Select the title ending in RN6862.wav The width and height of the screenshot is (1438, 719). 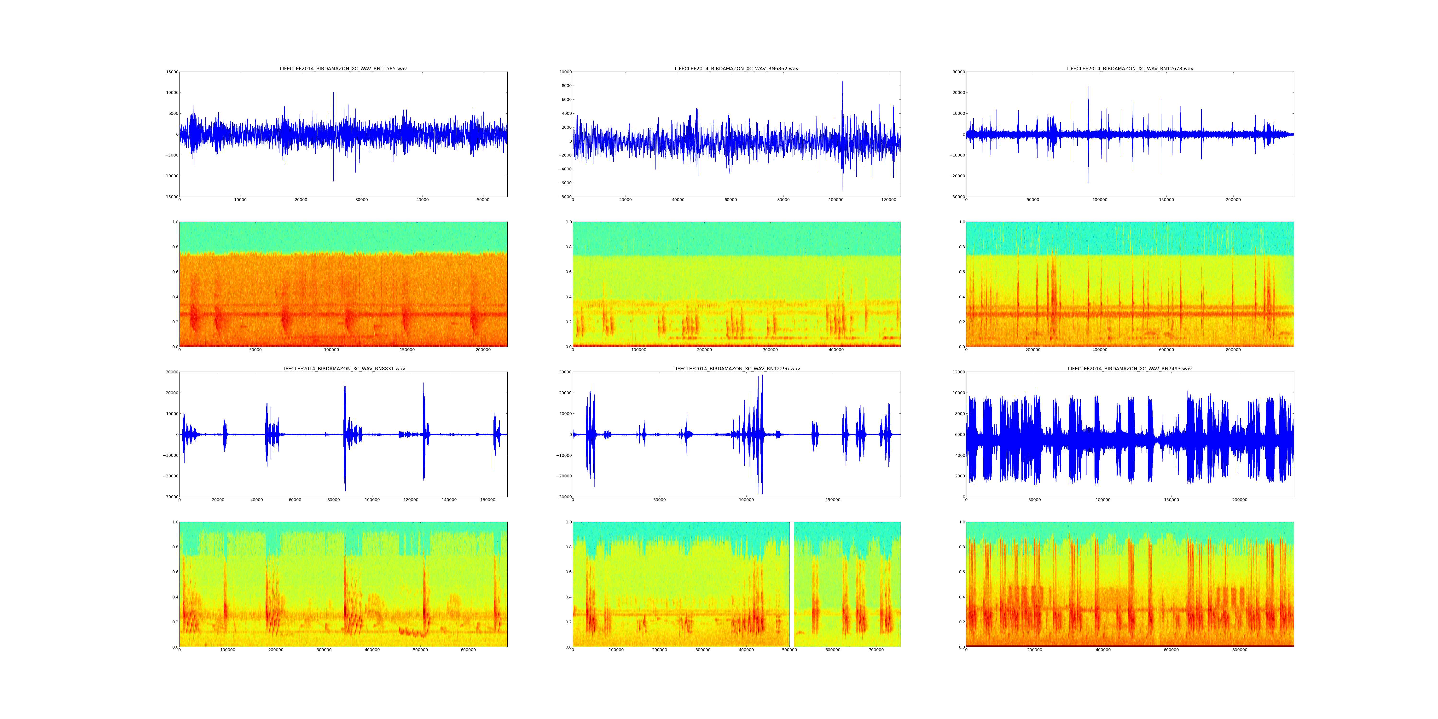(736, 69)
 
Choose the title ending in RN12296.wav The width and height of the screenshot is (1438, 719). (736, 369)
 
